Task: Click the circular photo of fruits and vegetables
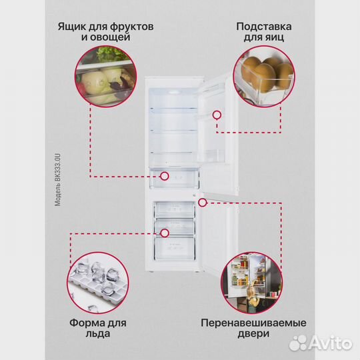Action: tap(105, 77)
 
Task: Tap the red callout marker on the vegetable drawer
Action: tap(163, 177)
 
